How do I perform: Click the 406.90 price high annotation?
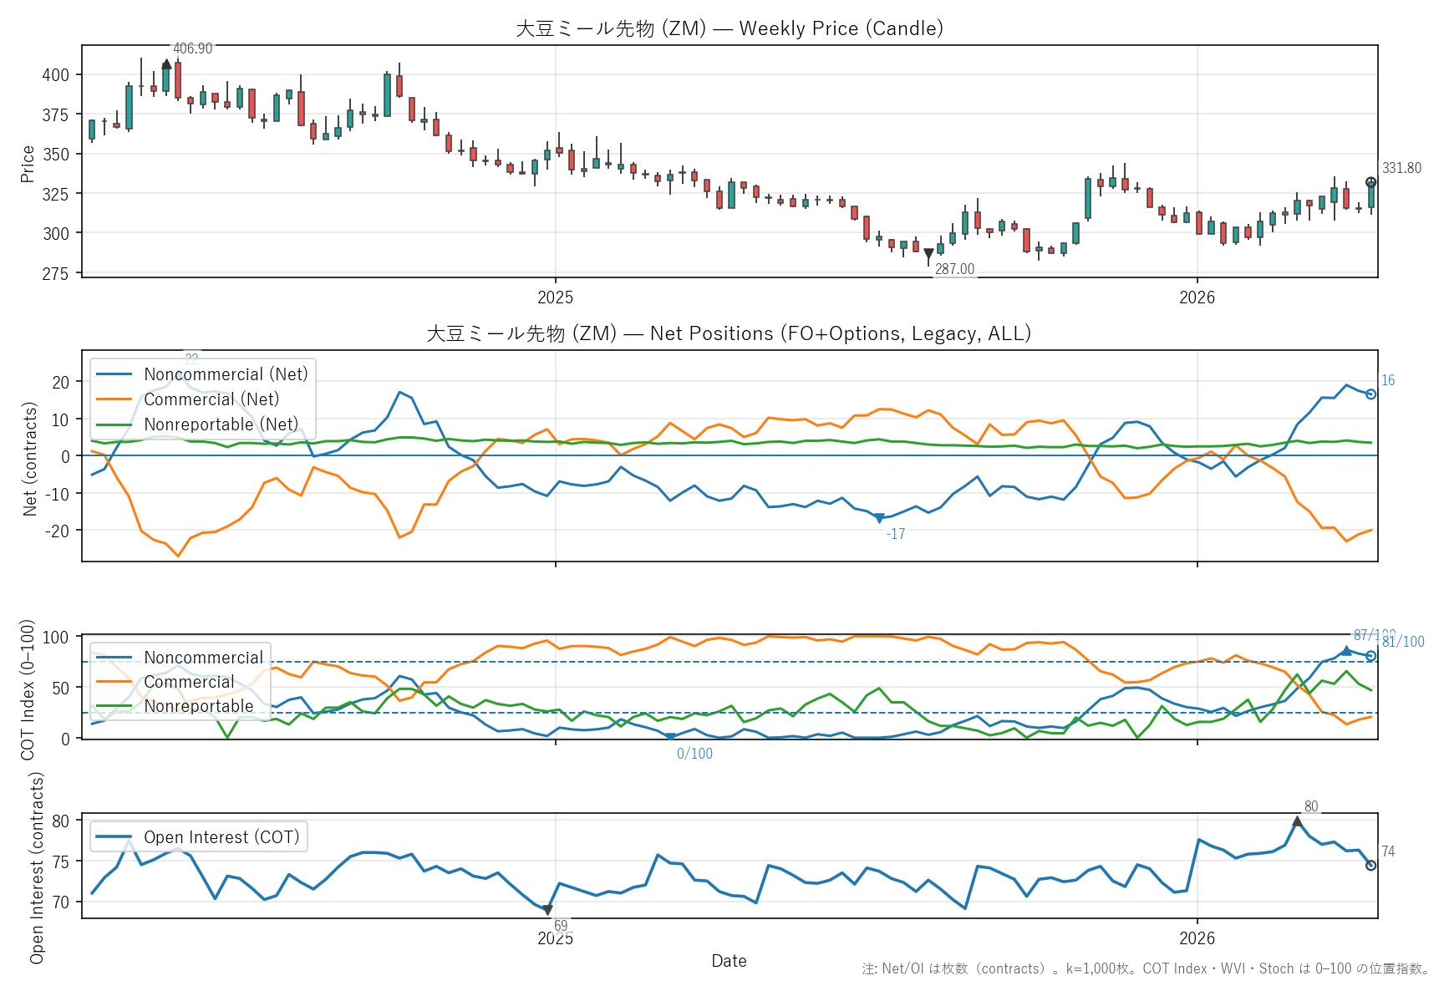click(x=192, y=48)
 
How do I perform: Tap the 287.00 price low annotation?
click(x=954, y=269)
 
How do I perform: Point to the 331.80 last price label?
click(x=1401, y=168)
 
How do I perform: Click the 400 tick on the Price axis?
click(x=56, y=75)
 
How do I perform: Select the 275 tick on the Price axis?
click(x=56, y=273)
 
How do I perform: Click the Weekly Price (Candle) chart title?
click(x=729, y=28)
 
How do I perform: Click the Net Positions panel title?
click(x=729, y=333)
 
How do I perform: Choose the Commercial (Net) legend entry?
click(x=211, y=399)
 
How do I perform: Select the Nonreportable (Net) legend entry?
click(x=221, y=424)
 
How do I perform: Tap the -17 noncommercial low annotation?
click(x=895, y=534)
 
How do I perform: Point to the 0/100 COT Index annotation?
click(x=694, y=754)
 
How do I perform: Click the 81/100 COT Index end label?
click(x=1403, y=642)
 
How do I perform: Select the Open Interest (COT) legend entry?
click(x=221, y=837)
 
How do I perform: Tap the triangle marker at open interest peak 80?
click(x=1297, y=822)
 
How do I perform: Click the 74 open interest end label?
click(x=1388, y=851)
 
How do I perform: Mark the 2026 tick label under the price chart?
click(x=1197, y=297)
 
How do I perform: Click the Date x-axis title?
click(x=729, y=961)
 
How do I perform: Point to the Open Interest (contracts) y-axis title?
click(x=37, y=867)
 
